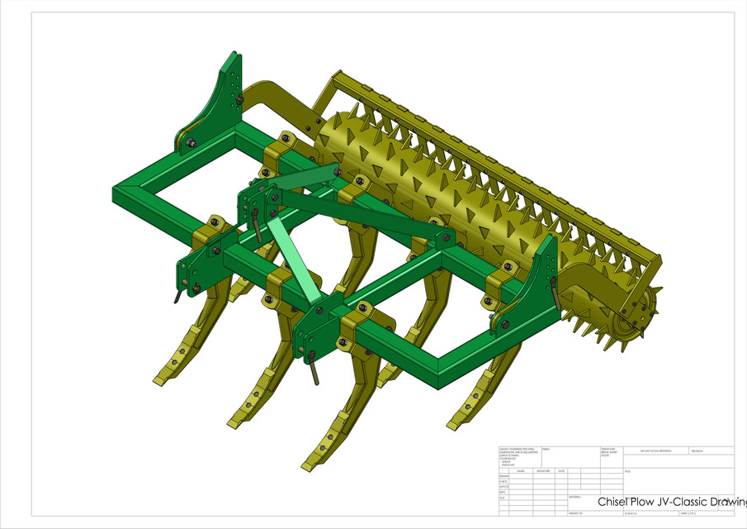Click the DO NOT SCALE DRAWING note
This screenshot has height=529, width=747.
[x=655, y=451]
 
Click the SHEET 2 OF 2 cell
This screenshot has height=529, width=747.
[x=688, y=513]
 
